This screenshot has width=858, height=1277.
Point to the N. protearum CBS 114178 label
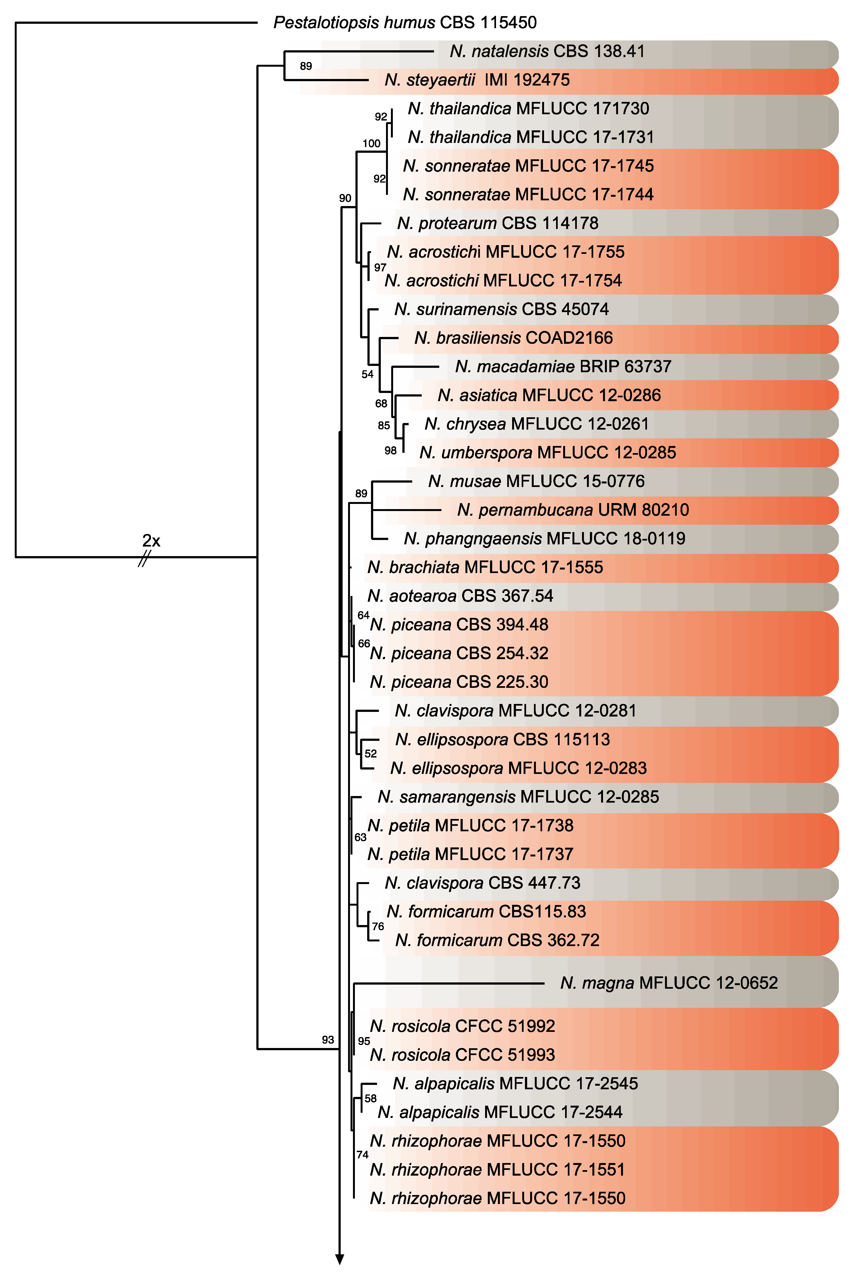coord(497,224)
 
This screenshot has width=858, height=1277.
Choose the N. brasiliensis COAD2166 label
coord(513,338)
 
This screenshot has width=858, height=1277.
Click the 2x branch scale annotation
coord(151,541)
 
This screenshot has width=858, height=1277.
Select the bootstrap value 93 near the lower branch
coord(328,1039)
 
